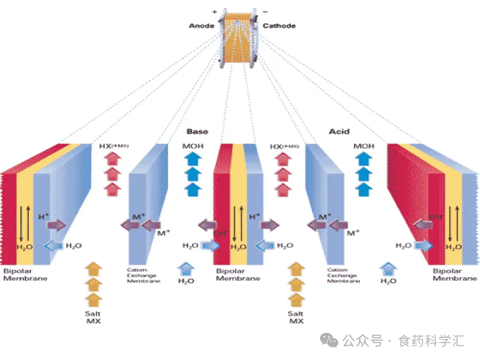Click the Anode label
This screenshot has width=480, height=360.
201,26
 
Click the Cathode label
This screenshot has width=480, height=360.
279,26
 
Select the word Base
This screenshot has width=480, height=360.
197,132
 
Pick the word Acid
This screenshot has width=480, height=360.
339,132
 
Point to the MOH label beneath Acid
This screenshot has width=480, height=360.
364,146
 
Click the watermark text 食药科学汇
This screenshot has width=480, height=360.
432,341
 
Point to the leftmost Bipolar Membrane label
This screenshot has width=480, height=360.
25,275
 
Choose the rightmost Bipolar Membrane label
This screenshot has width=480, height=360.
455,275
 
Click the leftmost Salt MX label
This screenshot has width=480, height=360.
93,317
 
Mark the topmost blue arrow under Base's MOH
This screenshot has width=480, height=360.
193,159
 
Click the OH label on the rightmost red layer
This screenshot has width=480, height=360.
436,217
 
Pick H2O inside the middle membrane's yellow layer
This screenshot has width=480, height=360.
239,248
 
